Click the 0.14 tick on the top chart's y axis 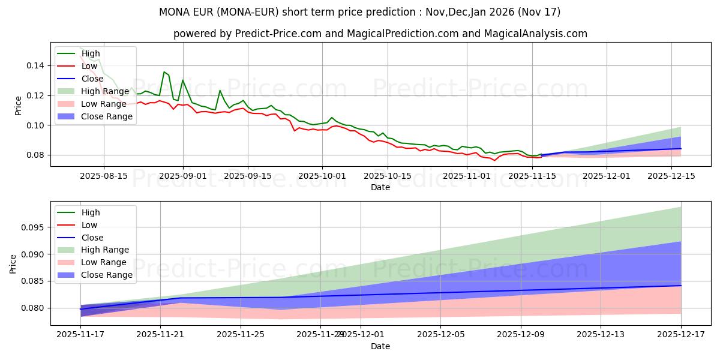tap(35, 65)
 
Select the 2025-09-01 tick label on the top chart tap(183, 175)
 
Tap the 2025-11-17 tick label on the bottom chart tap(80, 334)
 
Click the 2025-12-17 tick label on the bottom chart tap(681, 334)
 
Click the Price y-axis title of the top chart tap(18, 105)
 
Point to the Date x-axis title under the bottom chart tap(380, 346)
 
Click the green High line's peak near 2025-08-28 tap(164, 72)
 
